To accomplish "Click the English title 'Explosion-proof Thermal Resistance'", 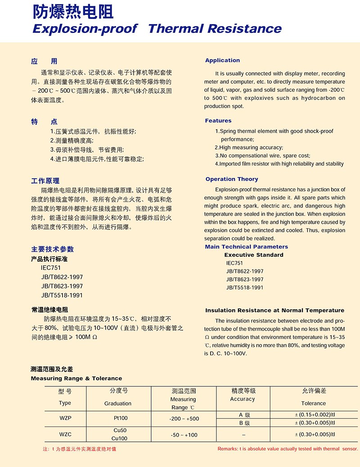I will [x=157, y=29].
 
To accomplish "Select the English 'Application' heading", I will [x=222, y=60].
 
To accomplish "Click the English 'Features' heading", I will [x=218, y=121].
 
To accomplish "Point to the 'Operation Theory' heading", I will [x=232, y=179].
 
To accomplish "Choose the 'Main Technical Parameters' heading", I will [x=246, y=247].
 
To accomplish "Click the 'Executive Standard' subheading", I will [x=254, y=255].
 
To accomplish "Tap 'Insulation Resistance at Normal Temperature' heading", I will [x=274, y=310].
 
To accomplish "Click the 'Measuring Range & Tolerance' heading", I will [x=76, y=378].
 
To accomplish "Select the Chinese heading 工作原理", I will [x=45, y=181].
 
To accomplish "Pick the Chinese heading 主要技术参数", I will [x=52, y=249].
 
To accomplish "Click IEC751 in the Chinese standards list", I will [x=50, y=268].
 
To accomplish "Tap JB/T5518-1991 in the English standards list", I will [x=245, y=287].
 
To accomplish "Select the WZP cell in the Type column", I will [x=65, y=418].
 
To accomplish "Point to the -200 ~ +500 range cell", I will [x=184, y=418].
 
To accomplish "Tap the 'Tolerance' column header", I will [x=313, y=403].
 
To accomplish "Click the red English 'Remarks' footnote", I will [x=288, y=449].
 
